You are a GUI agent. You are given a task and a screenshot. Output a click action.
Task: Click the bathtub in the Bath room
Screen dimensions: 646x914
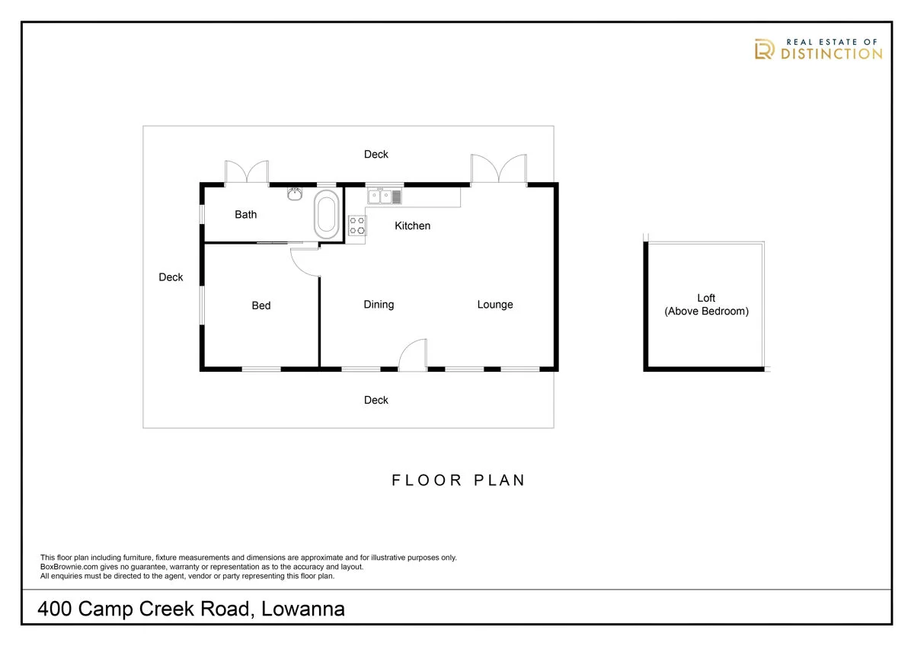(328, 215)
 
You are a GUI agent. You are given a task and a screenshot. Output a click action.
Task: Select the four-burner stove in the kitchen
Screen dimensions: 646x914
(356, 225)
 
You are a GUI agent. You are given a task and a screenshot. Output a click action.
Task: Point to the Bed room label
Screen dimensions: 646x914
(261, 305)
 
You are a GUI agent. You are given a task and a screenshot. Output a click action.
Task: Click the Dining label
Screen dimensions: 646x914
(379, 305)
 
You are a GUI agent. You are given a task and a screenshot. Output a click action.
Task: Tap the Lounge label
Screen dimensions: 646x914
(495, 305)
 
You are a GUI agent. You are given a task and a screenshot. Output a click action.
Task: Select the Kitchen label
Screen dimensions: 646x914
(412, 225)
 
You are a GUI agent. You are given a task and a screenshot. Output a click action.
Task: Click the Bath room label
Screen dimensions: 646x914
(245, 215)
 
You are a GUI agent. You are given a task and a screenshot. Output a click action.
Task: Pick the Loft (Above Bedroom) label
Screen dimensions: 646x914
(706, 305)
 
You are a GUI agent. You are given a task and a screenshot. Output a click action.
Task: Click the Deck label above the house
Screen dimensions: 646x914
(376, 155)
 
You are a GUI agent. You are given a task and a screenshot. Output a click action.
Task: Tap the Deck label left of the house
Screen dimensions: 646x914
(171, 277)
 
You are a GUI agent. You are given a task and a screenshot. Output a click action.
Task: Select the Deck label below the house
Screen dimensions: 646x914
(376, 400)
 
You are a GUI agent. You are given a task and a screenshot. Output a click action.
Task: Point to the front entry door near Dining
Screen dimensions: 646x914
(414, 356)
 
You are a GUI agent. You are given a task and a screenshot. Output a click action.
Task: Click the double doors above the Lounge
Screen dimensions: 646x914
(498, 170)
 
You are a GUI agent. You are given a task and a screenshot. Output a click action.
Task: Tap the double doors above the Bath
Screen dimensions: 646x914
(246, 173)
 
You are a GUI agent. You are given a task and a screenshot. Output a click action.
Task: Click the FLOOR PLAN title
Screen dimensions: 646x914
(458, 480)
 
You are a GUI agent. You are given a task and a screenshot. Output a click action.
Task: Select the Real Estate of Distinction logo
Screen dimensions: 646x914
(817, 50)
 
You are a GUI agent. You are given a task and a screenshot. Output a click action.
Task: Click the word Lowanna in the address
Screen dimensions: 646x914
(305, 609)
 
